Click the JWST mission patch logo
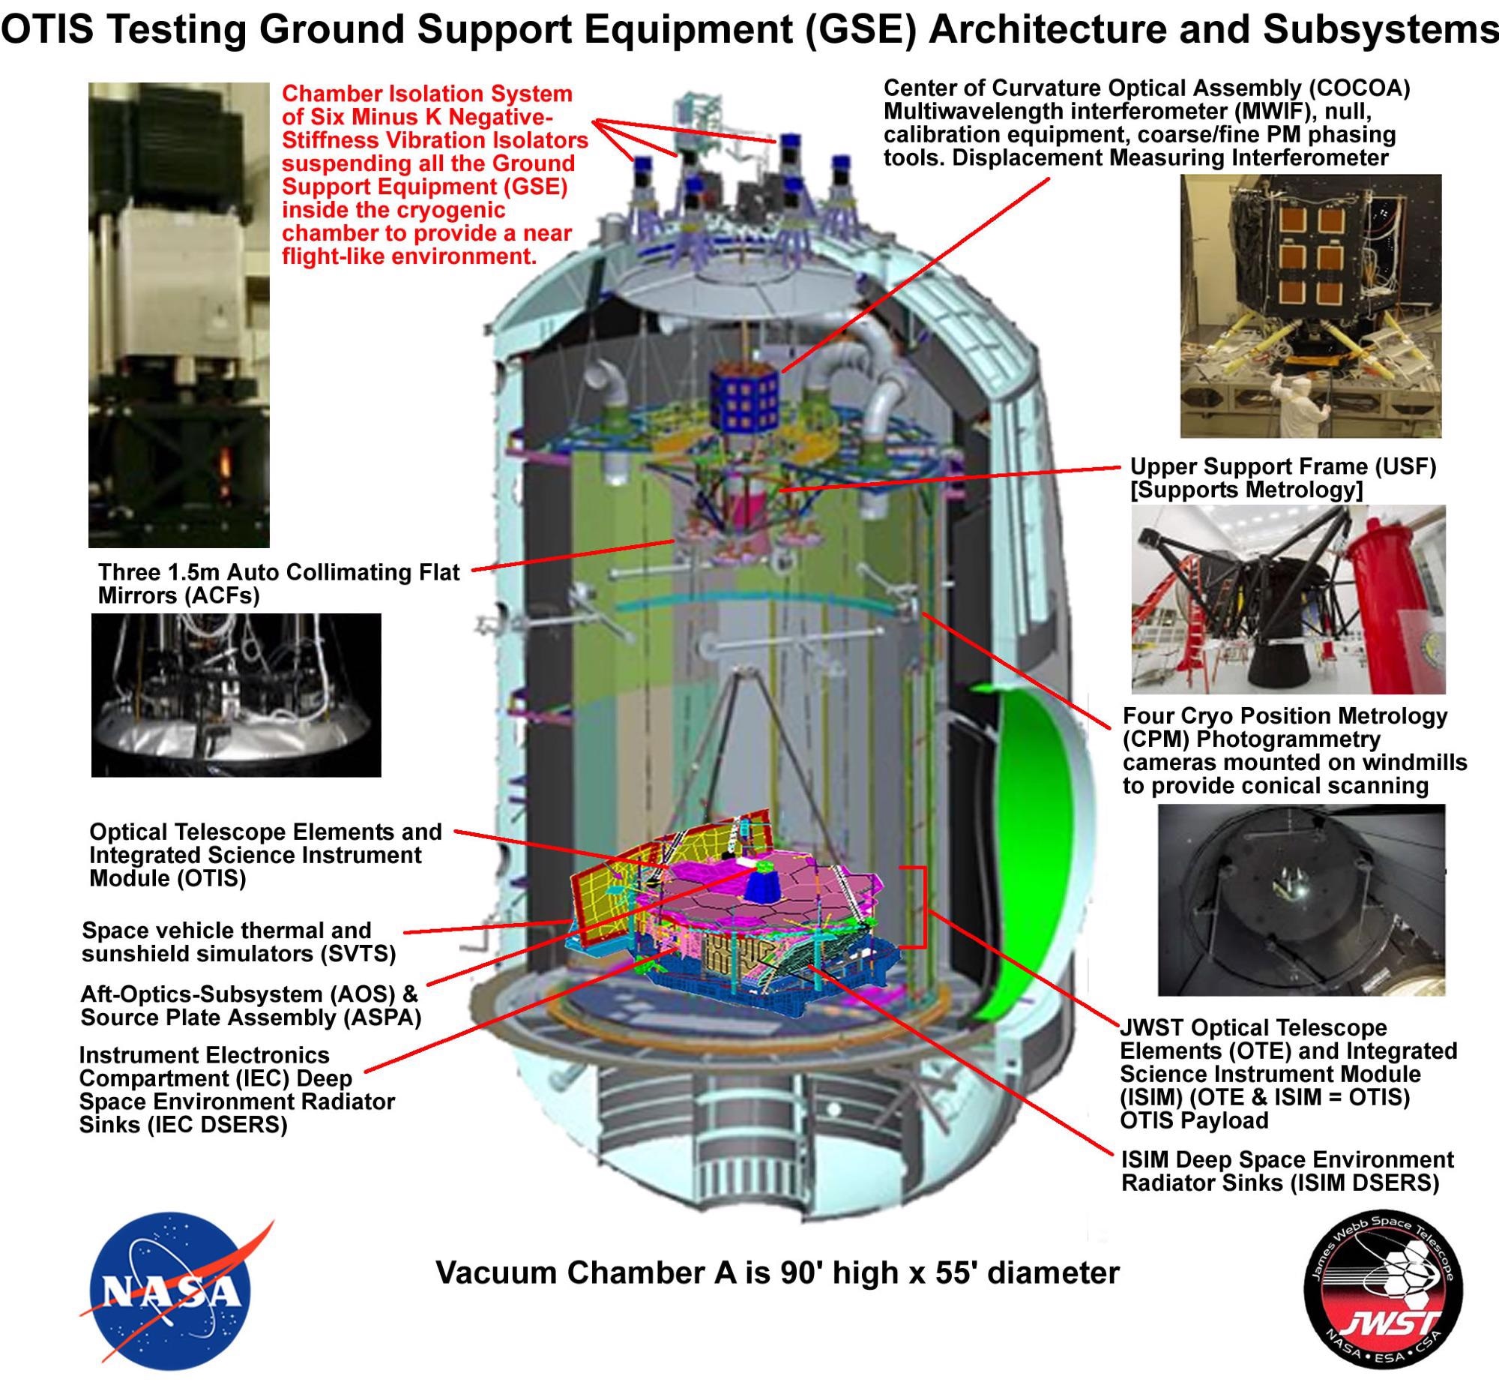[x=1384, y=1292]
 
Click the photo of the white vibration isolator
[x=178, y=315]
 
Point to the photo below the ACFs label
[x=236, y=695]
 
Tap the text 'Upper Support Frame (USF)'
[x=1283, y=466]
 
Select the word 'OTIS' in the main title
[x=49, y=30]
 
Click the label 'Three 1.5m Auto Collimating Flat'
[x=279, y=572]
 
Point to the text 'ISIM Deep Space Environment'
[x=1288, y=1160]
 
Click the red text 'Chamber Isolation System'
[x=427, y=94]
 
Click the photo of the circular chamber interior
[x=1301, y=900]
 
